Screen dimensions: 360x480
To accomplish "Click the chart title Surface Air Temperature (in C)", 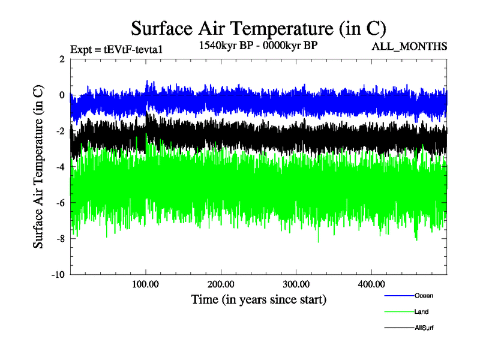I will point(259,28).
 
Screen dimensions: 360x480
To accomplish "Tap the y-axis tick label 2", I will point(61,59).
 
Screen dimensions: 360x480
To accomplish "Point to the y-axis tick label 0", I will point(61,95).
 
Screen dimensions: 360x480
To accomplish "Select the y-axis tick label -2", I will point(59,131).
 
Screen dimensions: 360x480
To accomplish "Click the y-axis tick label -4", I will point(59,167).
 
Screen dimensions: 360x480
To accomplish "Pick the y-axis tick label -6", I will point(59,203).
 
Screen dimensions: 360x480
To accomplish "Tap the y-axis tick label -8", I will point(59,239).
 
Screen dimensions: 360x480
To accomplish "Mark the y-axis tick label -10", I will point(57,275).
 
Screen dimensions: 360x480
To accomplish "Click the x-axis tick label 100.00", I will point(146,284).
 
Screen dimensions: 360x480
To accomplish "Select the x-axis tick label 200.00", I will point(221,284).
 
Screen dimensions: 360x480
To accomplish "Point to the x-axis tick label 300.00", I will point(296,284).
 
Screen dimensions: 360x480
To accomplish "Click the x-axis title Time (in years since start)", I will point(259,299).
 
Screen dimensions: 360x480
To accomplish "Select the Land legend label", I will point(421,311).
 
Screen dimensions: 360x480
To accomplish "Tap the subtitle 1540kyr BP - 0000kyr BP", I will point(259,46).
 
